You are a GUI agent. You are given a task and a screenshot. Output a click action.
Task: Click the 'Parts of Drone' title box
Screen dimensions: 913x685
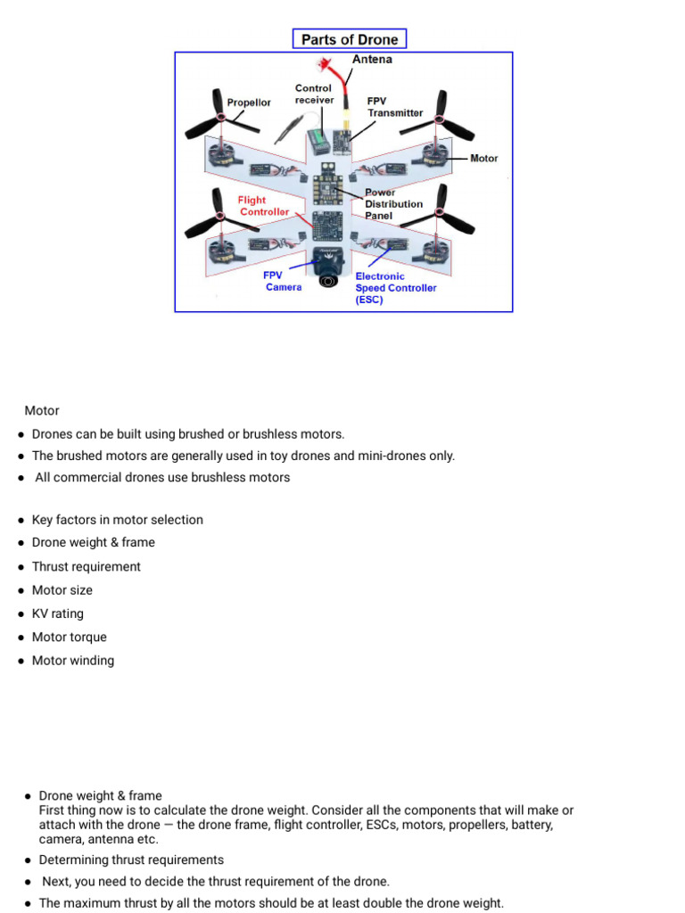[350, 39]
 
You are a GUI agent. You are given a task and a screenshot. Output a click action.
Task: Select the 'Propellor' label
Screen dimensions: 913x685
[249, 103]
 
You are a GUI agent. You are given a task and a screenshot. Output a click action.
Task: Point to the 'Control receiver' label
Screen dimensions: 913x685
[313, 94]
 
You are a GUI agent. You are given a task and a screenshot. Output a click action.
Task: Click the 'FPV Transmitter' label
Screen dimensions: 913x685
[395, 107]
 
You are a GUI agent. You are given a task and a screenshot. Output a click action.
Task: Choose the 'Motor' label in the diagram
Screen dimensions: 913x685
[483, 159]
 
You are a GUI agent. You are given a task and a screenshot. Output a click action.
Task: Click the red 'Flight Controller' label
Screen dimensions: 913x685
[263, 206]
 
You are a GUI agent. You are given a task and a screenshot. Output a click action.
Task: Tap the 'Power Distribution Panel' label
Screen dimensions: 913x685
[393, 204]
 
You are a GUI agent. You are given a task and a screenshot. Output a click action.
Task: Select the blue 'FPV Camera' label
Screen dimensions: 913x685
[282, 281]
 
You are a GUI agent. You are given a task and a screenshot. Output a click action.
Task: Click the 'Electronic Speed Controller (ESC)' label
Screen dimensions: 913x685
[396, 288]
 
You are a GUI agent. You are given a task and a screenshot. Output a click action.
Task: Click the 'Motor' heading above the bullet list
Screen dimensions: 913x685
[42, 411]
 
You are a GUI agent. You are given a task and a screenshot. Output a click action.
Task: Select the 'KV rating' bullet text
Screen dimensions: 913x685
[58, 613]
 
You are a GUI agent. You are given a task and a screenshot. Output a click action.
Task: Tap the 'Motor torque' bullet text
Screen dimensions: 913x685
[70, 637]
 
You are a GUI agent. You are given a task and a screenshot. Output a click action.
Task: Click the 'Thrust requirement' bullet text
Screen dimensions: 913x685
[87, 566]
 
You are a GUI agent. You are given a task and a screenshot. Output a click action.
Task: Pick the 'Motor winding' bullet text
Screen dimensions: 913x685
[73, 661]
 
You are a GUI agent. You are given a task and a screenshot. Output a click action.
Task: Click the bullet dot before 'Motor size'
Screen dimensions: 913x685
[21, 590]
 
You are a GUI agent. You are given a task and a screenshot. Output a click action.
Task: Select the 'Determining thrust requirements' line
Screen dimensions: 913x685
[131, 860]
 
